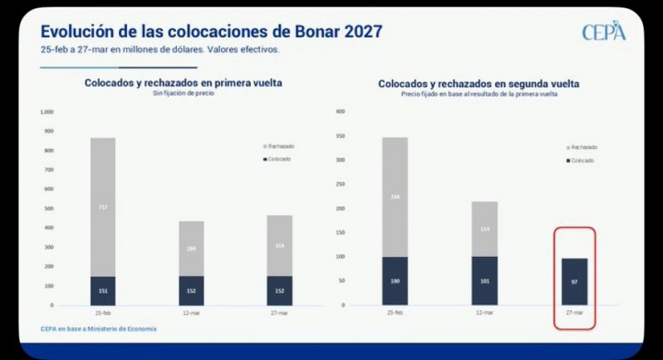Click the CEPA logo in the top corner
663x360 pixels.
(603, 32)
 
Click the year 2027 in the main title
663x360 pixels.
(358, 32)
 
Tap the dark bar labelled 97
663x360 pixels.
(574, 282)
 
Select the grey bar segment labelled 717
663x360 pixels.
(103, 207)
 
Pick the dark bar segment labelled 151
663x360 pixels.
(103, 291)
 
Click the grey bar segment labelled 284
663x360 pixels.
(191, 249)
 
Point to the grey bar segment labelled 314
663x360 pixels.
(279, 246)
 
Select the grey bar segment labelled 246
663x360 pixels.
(395, 197)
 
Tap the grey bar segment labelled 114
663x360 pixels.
(484, 229)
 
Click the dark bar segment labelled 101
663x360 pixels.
(484, 281)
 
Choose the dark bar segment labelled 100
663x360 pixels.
(395, 281)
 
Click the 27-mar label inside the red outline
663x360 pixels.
(574, 313)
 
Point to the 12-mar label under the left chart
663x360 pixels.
(191, 313)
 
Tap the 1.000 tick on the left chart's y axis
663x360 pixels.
(47, 111)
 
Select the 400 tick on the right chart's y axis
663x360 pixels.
(340, 111)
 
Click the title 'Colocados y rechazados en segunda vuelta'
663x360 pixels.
(479, 84)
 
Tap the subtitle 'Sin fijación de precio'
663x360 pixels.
(183, 93)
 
